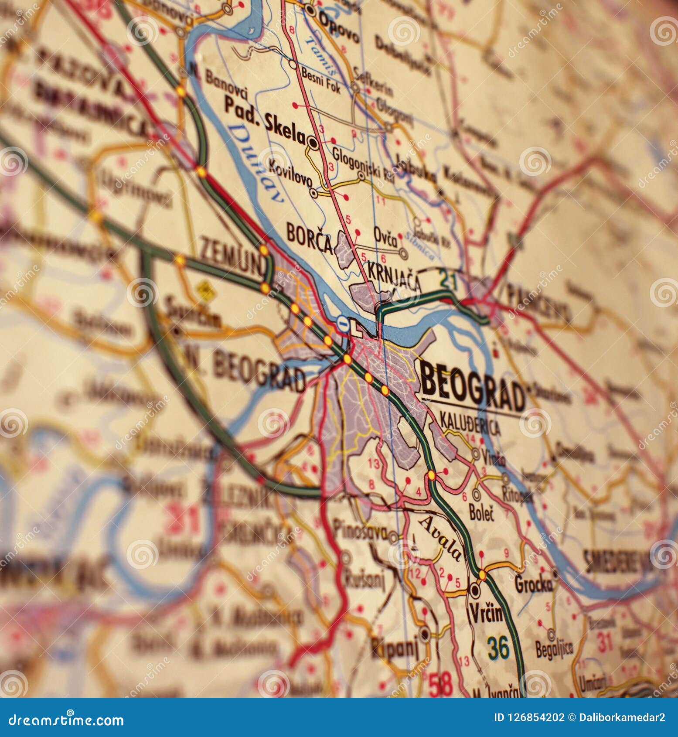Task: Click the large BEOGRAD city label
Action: coord(473,386)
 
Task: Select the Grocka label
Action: coord(533,585)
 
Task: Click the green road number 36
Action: coord(498,647)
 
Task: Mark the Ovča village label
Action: coord(385,237)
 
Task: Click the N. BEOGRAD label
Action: coord(244,371)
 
